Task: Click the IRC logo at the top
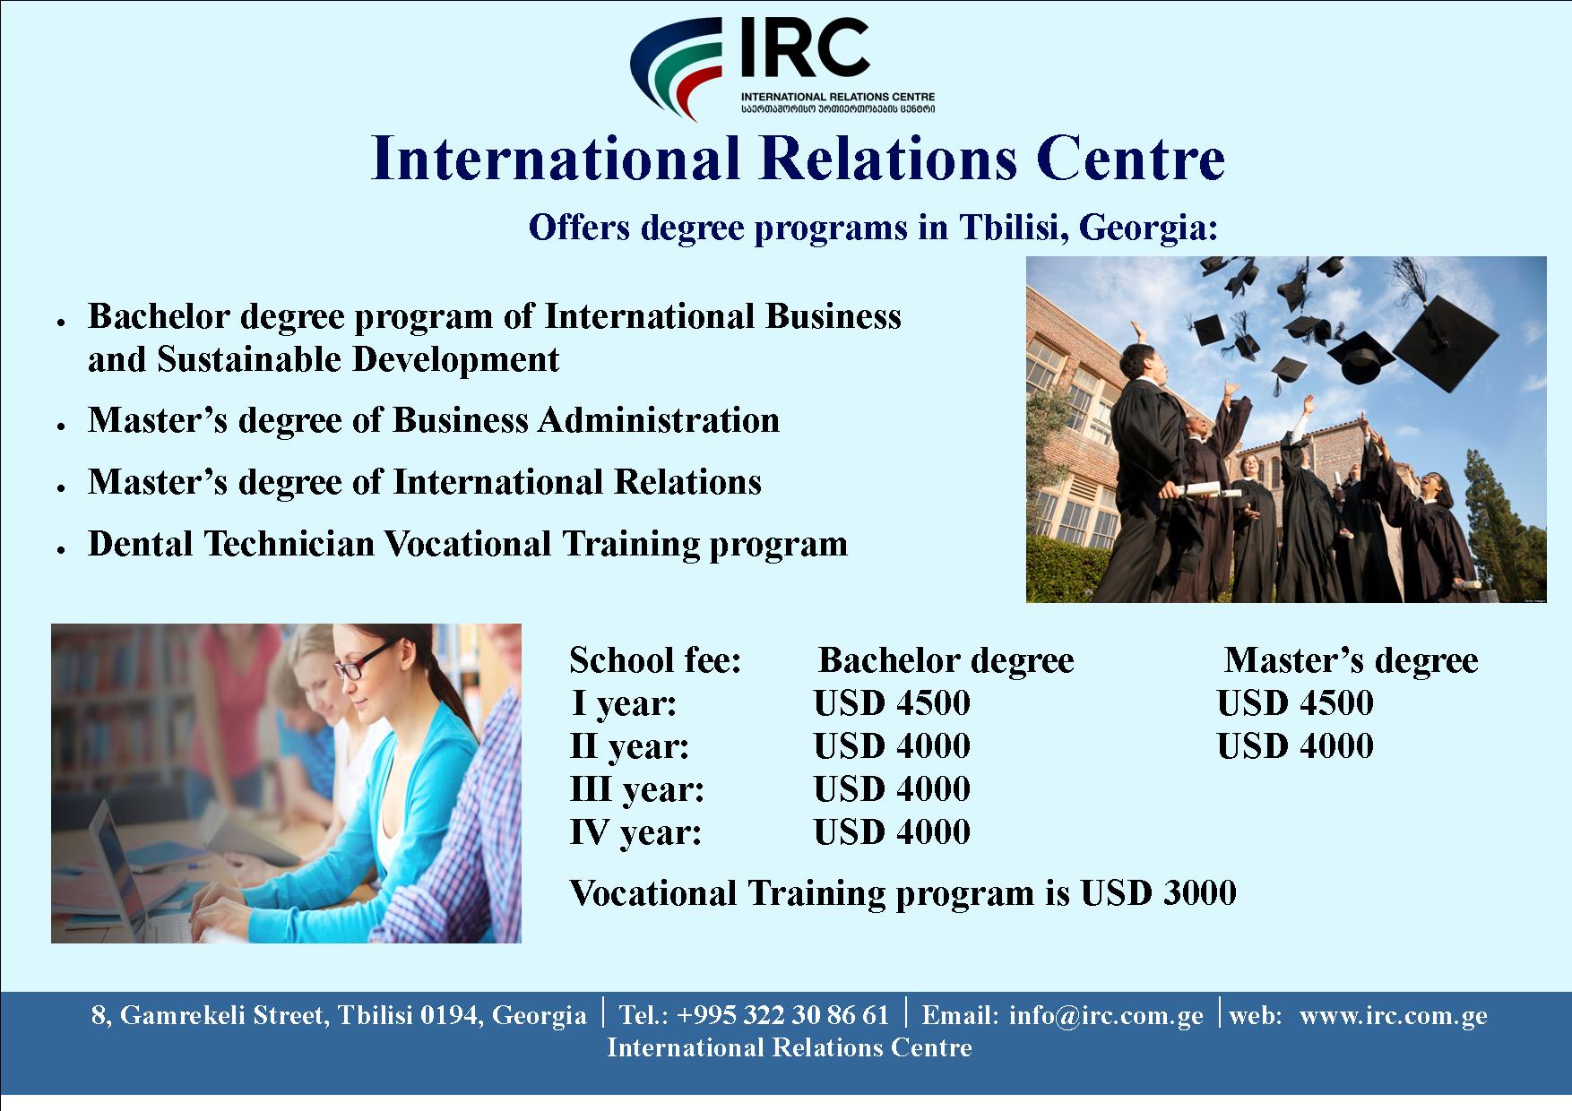(x=782, y=69)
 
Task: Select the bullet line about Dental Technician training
(x=467, y=544)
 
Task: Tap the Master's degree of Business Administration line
(x=434, y=420)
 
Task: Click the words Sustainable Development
(x=358, y=359)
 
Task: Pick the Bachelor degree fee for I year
(x=892, y=703)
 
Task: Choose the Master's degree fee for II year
(x=1295, y=746)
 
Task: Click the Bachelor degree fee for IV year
(x=892, y=832)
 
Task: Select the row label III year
(x=637, y=789)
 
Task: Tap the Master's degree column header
(x=1352, y=660)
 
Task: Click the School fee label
(x=656, y=660)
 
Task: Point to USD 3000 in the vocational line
(x=1159, y=892)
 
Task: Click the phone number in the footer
(x=755, y=1015)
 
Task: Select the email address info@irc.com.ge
(x=1106, y=1015)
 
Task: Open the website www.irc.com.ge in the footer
(x=1393, y=1015)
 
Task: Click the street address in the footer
(x=339, y=1015)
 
